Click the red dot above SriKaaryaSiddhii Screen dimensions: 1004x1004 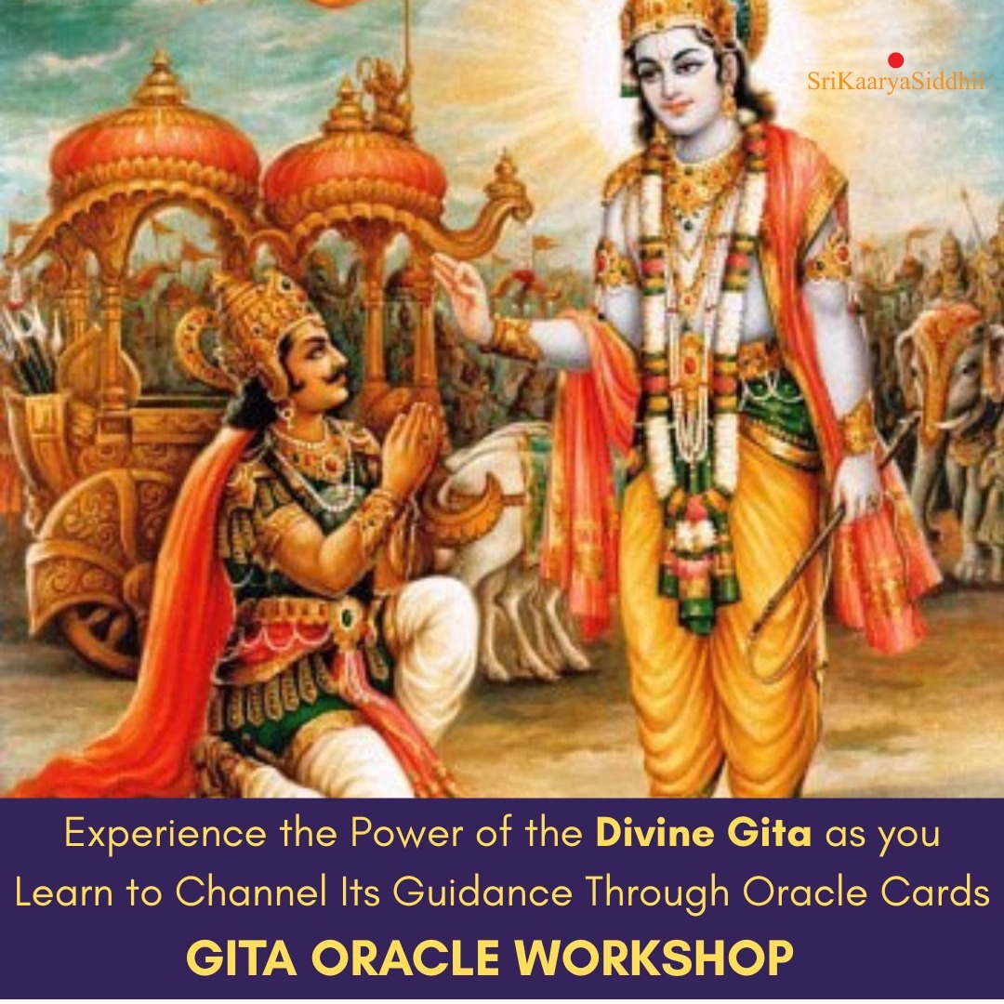[x=896, y=60]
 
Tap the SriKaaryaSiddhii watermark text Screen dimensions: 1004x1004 [x=896, y=82]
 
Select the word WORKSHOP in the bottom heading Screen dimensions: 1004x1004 [x=654, y=958]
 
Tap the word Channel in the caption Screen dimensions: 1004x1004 [x=250, y=892]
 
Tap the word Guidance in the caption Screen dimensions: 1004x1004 [x=482, y=892]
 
